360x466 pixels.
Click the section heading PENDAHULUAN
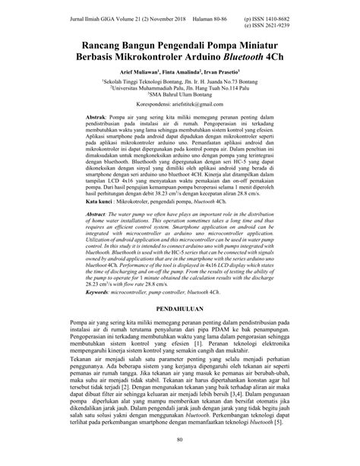[179, 332]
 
